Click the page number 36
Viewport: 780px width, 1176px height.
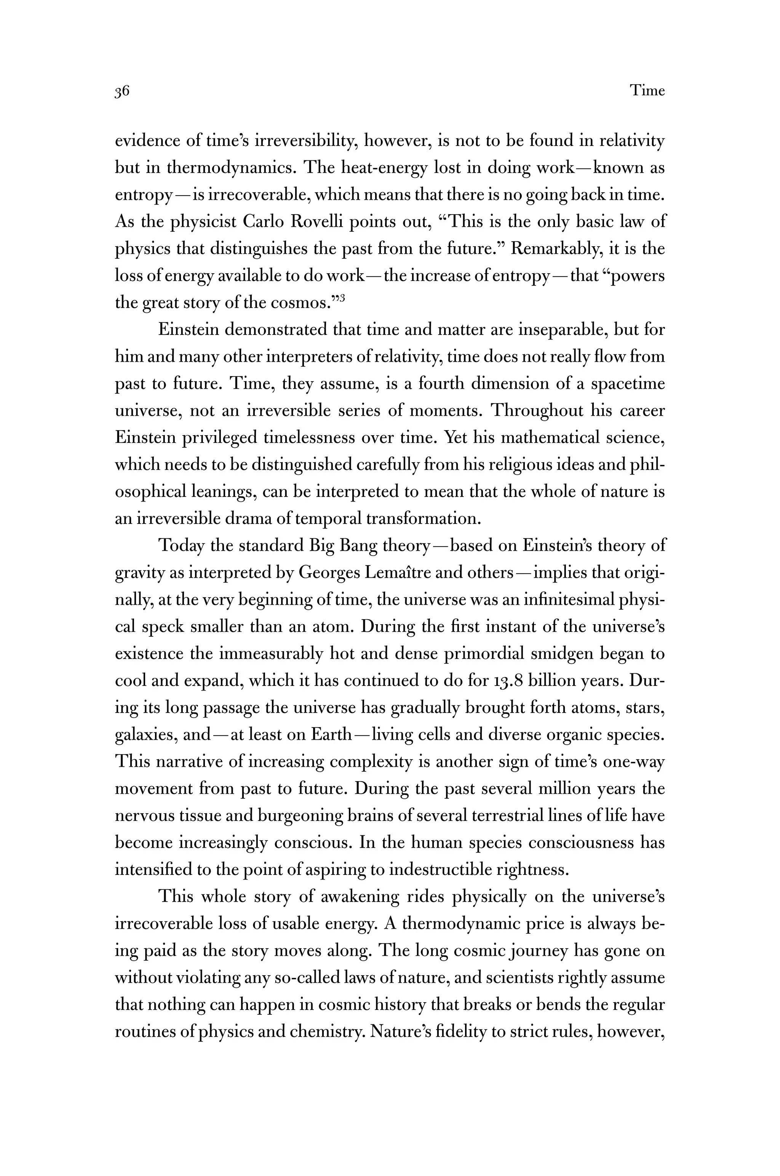click(122, 91)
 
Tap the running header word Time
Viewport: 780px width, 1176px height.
click(647, 91)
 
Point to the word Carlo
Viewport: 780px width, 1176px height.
click(263, 221)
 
